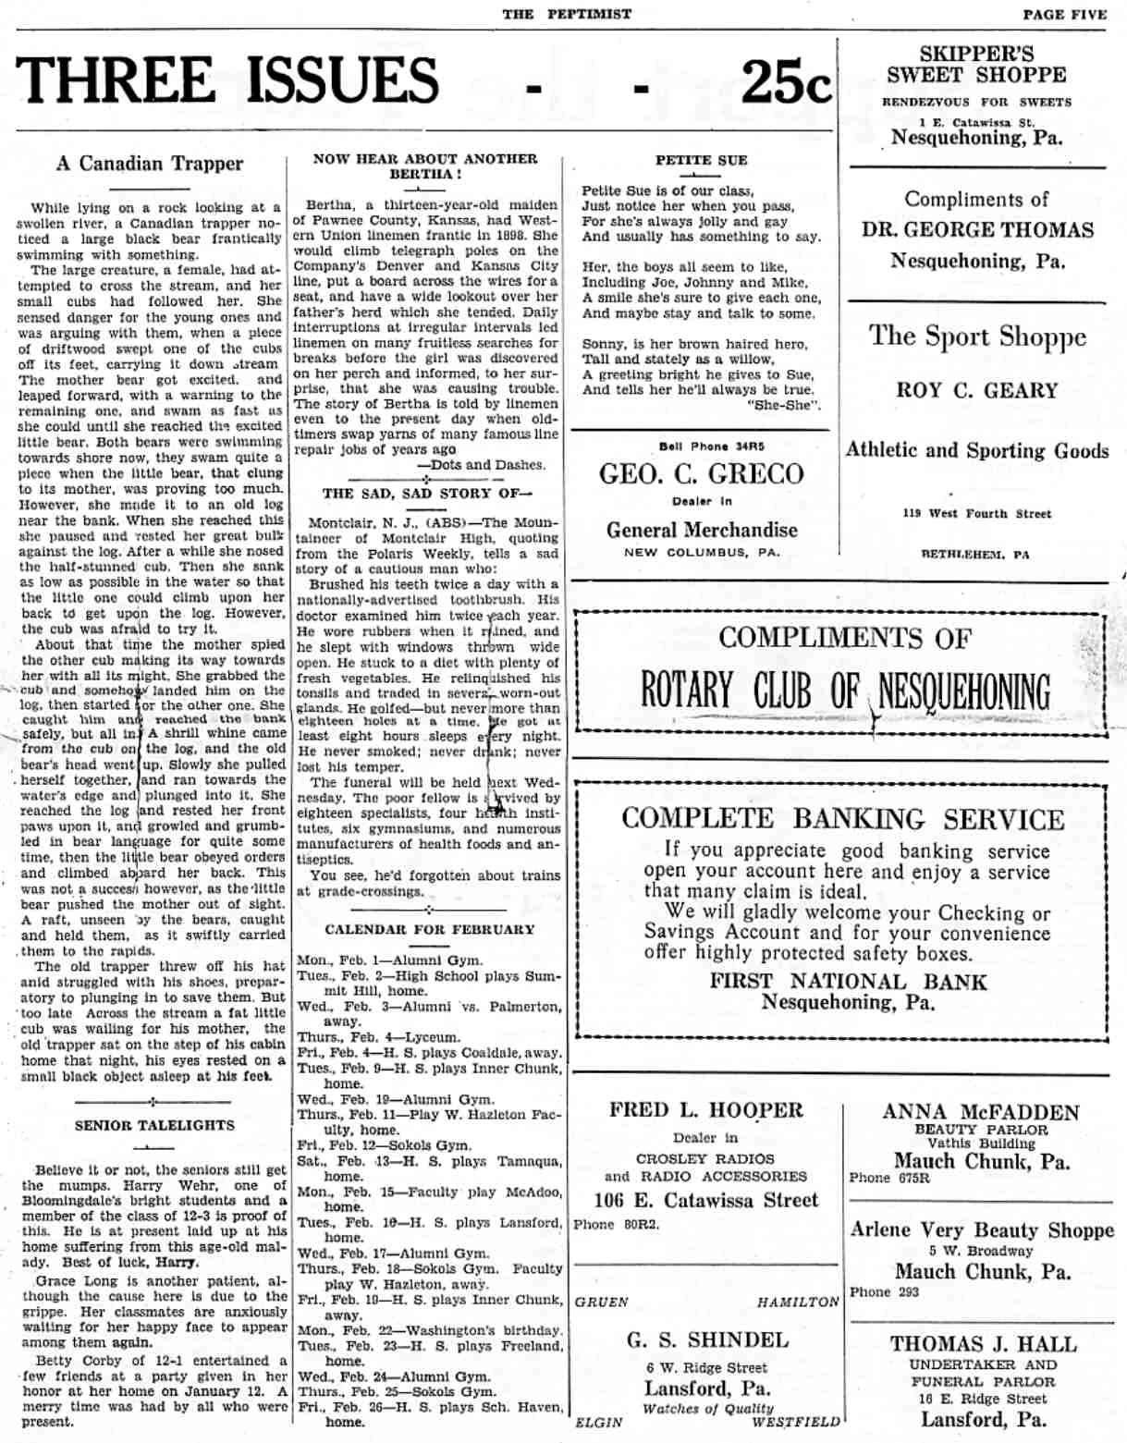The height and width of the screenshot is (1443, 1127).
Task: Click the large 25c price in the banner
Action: click(785, 81)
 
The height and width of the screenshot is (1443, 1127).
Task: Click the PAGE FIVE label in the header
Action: click(1064, 14)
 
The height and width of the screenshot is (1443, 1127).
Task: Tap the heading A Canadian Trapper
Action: click(150, 164)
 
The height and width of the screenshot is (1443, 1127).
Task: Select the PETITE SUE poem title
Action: click(701, 160)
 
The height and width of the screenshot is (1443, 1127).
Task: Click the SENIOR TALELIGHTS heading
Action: click(154, 1125)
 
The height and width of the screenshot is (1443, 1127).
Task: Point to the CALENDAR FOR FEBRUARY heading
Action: click(429, 929)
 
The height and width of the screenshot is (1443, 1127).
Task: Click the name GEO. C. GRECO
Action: click(701, 474)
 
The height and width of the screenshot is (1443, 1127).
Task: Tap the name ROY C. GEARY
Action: click(976, 390)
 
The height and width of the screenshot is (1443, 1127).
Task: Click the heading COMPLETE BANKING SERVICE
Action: click(842, 819)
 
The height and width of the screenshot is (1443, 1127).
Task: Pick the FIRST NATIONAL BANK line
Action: click(848, 982)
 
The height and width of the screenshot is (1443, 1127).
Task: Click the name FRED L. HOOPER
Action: click(705, 1110)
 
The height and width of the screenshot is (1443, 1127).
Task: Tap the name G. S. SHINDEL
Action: click(707, 1339)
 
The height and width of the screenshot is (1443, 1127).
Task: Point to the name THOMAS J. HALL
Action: click(983, 1344)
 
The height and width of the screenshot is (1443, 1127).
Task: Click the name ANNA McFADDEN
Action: click(980, 1112)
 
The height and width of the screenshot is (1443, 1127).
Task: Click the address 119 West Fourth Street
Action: click(976, 513)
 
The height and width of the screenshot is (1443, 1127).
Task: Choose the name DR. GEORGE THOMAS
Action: click(976, 229)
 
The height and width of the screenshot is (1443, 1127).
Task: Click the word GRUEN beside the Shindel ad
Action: click(601, 1302)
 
